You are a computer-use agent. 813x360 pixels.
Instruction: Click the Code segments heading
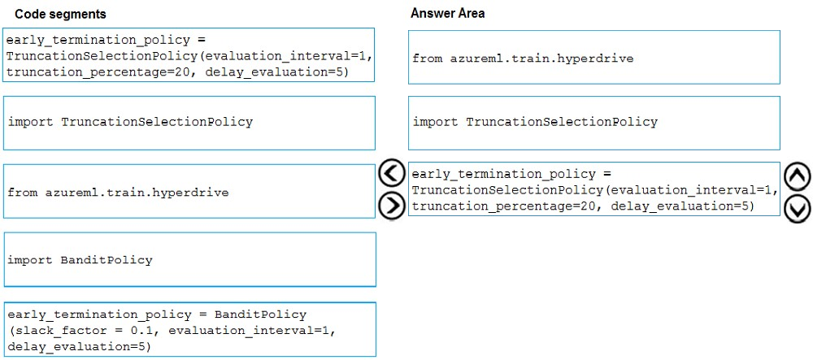[x=60, y=15]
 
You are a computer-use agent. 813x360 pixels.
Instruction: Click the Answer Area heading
[x=447, y=14]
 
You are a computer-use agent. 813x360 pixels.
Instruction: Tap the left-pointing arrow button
[x=391, y=173]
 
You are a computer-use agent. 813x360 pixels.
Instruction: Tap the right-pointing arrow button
[x=391, y=206]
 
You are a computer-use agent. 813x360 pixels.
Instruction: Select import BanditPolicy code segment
[x=80, y=260]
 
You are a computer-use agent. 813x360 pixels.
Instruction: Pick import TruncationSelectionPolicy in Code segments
[x=130, y=122]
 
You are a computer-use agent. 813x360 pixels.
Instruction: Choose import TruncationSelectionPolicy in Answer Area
[x=535, y=122]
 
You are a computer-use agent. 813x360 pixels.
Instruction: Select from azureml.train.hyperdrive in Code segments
[x=118, y=193]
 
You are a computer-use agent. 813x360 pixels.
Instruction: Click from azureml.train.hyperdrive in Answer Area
[x=523, y=59]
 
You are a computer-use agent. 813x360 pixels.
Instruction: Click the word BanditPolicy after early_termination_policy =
[x=260, y=314]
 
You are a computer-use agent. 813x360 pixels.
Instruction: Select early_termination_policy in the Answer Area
[x=503, y=174]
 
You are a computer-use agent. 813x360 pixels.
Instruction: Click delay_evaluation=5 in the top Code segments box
[x=276, y=72]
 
